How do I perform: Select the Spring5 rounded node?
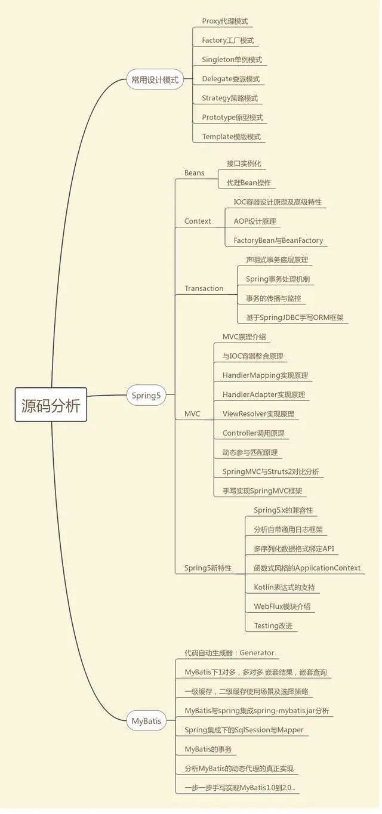(x=146, y=395)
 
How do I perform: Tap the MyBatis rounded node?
(x=146, y=721)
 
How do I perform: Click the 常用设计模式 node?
(x=155, y=79)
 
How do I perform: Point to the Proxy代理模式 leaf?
(x=224, y=21)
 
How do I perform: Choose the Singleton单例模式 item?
(x=232, y=60)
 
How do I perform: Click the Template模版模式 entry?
(x=231, y=137)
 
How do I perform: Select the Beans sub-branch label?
(x=194, y=173)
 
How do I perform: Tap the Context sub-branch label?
(x=198, y=221)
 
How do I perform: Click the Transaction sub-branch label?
(x=204, y=288)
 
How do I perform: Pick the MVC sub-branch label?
(x=192, y=414)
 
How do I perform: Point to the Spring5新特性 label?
(x=208, y=568)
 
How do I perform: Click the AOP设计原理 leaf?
(x=255, y=221)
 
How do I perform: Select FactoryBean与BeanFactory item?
(x=278, y=240)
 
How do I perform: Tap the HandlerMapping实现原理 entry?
(x=265, y=375)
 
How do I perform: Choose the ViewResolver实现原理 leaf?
(x=258, y=414)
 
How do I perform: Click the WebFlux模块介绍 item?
(x=282, y=606)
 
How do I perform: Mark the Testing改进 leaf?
(x=273, y=625)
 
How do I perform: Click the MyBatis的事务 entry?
(x=208, y=749)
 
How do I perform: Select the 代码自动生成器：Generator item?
(x=229, y=653)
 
